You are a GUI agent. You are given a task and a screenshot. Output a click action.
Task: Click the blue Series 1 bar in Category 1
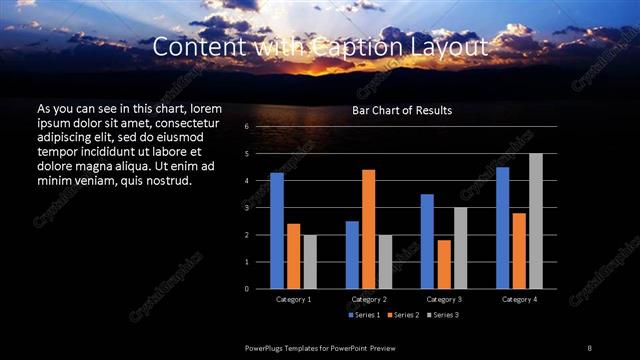click(x=276, y=231)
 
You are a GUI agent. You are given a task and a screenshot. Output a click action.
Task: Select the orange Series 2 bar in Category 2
click(x=368, y=229)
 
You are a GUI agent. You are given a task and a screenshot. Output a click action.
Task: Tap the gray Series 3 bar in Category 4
click(x=535, y=221)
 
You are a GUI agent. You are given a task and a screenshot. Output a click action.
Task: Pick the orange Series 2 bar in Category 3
click(x=443, y=264)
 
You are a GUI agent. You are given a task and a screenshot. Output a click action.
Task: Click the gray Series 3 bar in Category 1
click(x=310, y=262)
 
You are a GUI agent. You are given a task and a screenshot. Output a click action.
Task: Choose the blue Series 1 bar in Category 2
click(x=352, y=255)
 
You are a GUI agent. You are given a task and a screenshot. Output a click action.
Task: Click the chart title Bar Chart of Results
click(x=402, y=110)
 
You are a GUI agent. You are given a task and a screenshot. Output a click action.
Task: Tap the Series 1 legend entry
click(x=364, y=315)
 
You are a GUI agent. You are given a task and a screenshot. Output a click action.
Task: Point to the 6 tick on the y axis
click(x=246, y=127)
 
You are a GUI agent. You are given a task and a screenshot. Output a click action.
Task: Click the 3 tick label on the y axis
click(x=246, y=208)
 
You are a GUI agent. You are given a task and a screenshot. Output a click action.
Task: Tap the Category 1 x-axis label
click(x=293, y=299)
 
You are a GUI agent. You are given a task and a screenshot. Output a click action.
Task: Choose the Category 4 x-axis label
click(x=519, y=299)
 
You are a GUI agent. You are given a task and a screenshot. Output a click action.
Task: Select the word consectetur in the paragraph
click(x=182, y=121)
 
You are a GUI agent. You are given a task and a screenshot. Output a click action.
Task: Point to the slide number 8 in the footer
click(x=589, y=347)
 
